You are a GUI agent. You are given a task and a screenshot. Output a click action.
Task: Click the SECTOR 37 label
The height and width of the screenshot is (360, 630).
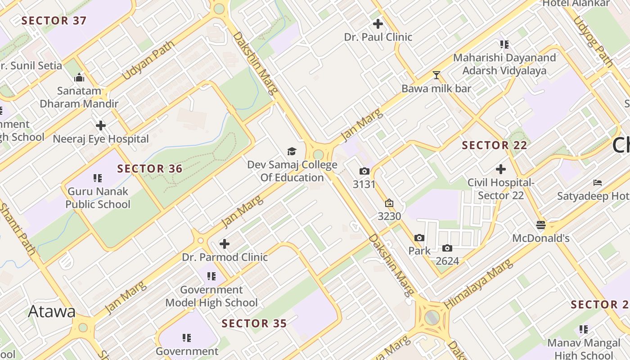[x=54, y=21]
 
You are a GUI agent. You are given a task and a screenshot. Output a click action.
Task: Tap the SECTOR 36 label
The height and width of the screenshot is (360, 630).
[x=150, y=169]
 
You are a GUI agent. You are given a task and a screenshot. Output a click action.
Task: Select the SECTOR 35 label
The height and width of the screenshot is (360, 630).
[x=254, y=324]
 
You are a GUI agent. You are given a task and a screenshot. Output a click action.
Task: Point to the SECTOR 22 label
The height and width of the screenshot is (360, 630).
[x=495, y=145]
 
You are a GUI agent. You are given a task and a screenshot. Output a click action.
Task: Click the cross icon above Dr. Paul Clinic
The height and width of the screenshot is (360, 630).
[x=378, y=23]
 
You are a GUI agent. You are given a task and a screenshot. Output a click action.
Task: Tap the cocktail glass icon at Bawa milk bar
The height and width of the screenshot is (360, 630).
[x=436, y=75]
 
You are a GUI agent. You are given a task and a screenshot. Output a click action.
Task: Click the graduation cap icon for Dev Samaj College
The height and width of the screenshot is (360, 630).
[x=292, y=152]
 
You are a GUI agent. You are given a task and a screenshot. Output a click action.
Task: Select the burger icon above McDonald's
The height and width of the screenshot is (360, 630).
[x=541, y=225]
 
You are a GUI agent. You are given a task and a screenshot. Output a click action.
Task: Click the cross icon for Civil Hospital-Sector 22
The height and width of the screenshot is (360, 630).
[x=501, y=169]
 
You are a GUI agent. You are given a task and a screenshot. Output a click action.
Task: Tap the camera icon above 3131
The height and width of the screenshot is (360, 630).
[x=364, y=171]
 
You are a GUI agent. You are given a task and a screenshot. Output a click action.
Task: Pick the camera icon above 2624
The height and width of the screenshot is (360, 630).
[x=447, y=248]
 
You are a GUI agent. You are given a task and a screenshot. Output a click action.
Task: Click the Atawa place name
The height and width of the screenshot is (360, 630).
[x=52, y=311]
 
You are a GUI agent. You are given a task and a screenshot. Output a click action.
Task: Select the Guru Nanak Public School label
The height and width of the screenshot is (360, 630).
[x=98, y=198]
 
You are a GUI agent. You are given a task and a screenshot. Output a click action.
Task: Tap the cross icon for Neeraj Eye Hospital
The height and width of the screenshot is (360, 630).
[x=101, y=125]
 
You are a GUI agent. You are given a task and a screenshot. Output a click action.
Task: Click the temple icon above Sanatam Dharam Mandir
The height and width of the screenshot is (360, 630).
[x=79, y=77]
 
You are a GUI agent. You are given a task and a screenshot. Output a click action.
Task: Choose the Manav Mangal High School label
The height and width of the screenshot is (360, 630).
[x=584, y=349]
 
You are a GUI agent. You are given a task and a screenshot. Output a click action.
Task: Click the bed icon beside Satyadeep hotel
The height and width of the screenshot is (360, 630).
[x=598, y=182]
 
